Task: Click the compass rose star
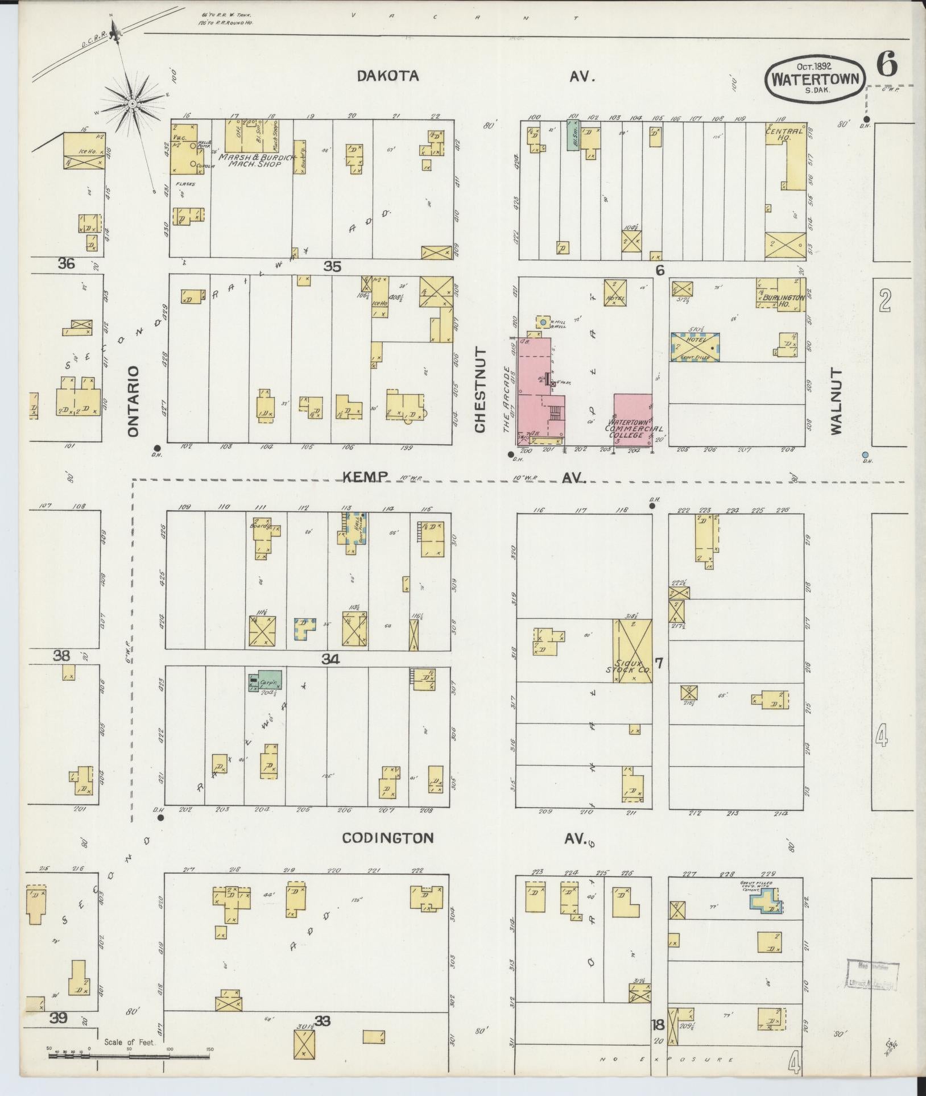(131, 103)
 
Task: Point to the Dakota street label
(388, 76)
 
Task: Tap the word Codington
(388, 837)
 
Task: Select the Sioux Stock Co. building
(633, 651)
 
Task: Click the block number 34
(331, 659)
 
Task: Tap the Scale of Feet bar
(108, 1056)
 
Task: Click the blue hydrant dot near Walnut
(865, 454)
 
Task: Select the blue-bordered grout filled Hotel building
(694, 346)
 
